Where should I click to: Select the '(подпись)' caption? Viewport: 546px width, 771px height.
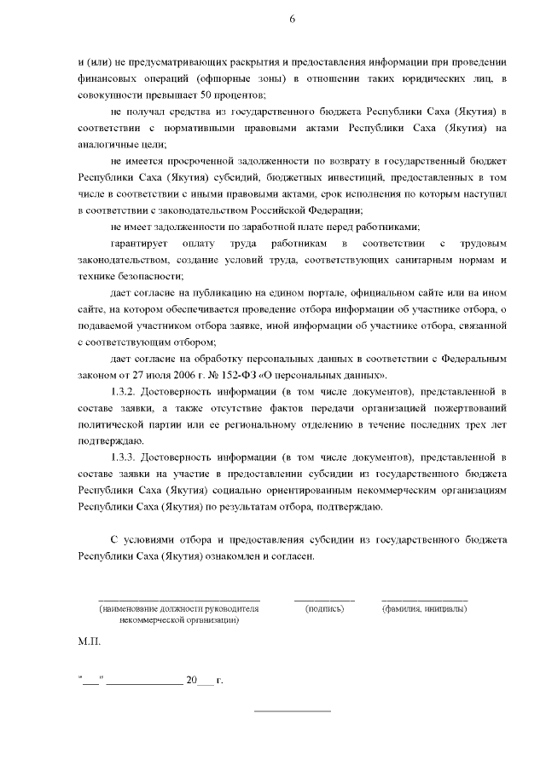[x=324, y=609]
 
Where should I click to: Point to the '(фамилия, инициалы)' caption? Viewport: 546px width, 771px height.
[x=424, y=609]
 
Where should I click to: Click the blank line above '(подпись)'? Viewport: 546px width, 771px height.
[x=324, y=601]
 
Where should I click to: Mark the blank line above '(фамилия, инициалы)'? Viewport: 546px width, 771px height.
[x=424, y=601]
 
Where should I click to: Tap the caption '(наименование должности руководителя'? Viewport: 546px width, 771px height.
[x=178, y=609]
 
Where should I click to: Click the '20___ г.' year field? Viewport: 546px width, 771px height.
[x=203, y=681]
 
